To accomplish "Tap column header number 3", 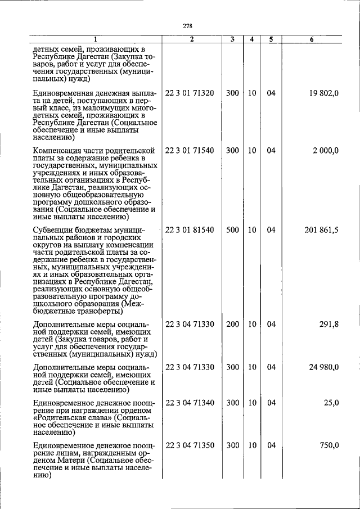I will tap(232, 39).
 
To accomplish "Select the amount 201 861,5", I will tap(321, 229).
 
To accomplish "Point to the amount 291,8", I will tap(329, 324).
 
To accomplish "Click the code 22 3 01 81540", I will tap(190, 229).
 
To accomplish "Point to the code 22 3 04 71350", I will tap(190, 445).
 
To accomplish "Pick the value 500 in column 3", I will tap(232, 229).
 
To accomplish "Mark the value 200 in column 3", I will tap(232, 324).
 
